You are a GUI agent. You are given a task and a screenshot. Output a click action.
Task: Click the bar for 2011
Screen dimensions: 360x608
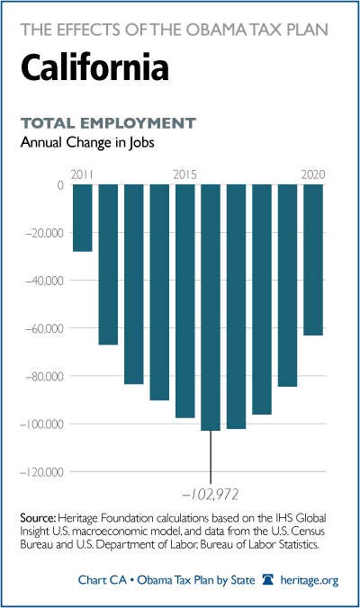83,218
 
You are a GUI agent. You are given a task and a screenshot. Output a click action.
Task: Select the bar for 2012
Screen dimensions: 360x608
108,264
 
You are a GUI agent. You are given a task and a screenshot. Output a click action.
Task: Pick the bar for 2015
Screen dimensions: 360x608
185,301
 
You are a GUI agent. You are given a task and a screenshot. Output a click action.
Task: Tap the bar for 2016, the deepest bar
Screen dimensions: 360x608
211,308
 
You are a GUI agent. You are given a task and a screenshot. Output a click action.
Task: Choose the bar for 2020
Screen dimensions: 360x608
313,260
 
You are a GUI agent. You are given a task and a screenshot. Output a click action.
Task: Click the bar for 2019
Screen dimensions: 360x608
287,285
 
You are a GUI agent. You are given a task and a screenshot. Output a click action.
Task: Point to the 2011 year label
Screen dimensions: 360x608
82,174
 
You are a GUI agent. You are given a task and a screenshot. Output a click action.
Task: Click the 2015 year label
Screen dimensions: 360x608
185,174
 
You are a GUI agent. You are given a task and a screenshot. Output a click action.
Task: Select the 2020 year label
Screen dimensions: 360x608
313,174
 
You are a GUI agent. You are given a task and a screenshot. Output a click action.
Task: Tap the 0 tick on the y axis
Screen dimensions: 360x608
60,185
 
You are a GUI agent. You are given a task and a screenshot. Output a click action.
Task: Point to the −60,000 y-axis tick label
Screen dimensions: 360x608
44,328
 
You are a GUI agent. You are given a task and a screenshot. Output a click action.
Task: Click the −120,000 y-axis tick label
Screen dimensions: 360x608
41,472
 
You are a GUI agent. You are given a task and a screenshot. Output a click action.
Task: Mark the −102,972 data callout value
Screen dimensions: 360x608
210,495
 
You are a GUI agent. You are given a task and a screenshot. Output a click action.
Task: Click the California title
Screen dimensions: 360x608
95,67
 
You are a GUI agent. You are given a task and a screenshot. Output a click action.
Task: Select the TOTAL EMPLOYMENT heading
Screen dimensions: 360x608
108,123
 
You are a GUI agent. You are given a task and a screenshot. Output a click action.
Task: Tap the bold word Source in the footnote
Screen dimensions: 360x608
38,518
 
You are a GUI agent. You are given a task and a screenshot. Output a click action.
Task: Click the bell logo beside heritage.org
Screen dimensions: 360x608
268,580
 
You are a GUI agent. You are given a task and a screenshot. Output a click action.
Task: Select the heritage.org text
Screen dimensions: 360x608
310,580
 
